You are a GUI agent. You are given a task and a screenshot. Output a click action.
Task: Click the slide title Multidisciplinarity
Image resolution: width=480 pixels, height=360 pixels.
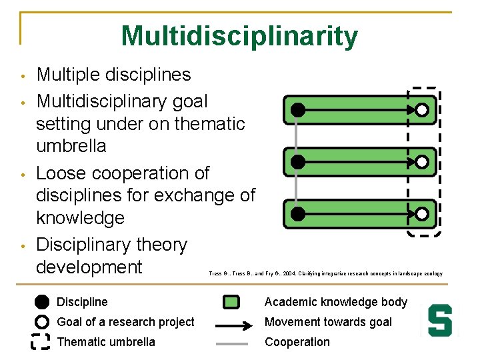239,36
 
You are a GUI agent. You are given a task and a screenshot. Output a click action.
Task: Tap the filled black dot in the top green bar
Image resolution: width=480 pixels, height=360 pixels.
298,109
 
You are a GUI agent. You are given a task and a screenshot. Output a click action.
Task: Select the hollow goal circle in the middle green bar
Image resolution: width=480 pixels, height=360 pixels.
422,162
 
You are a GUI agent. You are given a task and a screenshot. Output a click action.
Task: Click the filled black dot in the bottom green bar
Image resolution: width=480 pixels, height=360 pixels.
298,214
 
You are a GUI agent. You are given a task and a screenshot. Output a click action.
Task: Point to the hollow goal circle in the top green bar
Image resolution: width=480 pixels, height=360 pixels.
422,110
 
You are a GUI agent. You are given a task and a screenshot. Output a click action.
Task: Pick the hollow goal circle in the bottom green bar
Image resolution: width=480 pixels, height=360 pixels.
422,214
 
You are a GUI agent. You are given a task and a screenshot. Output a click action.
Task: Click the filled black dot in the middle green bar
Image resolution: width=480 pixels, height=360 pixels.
298,162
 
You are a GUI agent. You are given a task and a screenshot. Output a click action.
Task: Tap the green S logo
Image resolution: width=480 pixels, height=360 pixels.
440,321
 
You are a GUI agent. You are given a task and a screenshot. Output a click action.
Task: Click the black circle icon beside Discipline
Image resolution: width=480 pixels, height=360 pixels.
41,302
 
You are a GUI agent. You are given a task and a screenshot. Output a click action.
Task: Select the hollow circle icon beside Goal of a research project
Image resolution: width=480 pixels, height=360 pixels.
41,322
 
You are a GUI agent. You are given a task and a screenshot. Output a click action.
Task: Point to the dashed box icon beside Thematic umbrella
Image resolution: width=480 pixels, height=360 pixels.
41,342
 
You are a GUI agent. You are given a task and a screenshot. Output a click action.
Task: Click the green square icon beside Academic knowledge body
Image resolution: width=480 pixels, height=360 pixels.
231,302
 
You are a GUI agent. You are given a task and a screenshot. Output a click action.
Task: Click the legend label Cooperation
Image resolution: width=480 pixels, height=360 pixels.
297,342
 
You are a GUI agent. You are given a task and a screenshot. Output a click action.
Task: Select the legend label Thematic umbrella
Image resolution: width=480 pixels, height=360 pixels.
106,342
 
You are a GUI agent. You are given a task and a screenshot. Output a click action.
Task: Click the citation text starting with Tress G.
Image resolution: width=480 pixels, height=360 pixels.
325,273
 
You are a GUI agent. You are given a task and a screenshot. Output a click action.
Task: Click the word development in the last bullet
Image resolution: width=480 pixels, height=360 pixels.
89,267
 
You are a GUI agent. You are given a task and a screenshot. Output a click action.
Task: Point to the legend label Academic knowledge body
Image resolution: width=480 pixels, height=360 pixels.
336,302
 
